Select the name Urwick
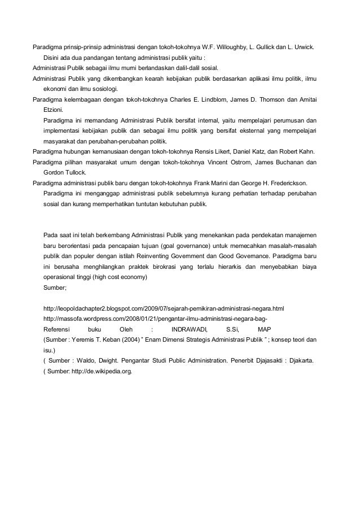[x=306, y=46]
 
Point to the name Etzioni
[x=54, y=110]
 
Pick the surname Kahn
[x=305, y=151]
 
